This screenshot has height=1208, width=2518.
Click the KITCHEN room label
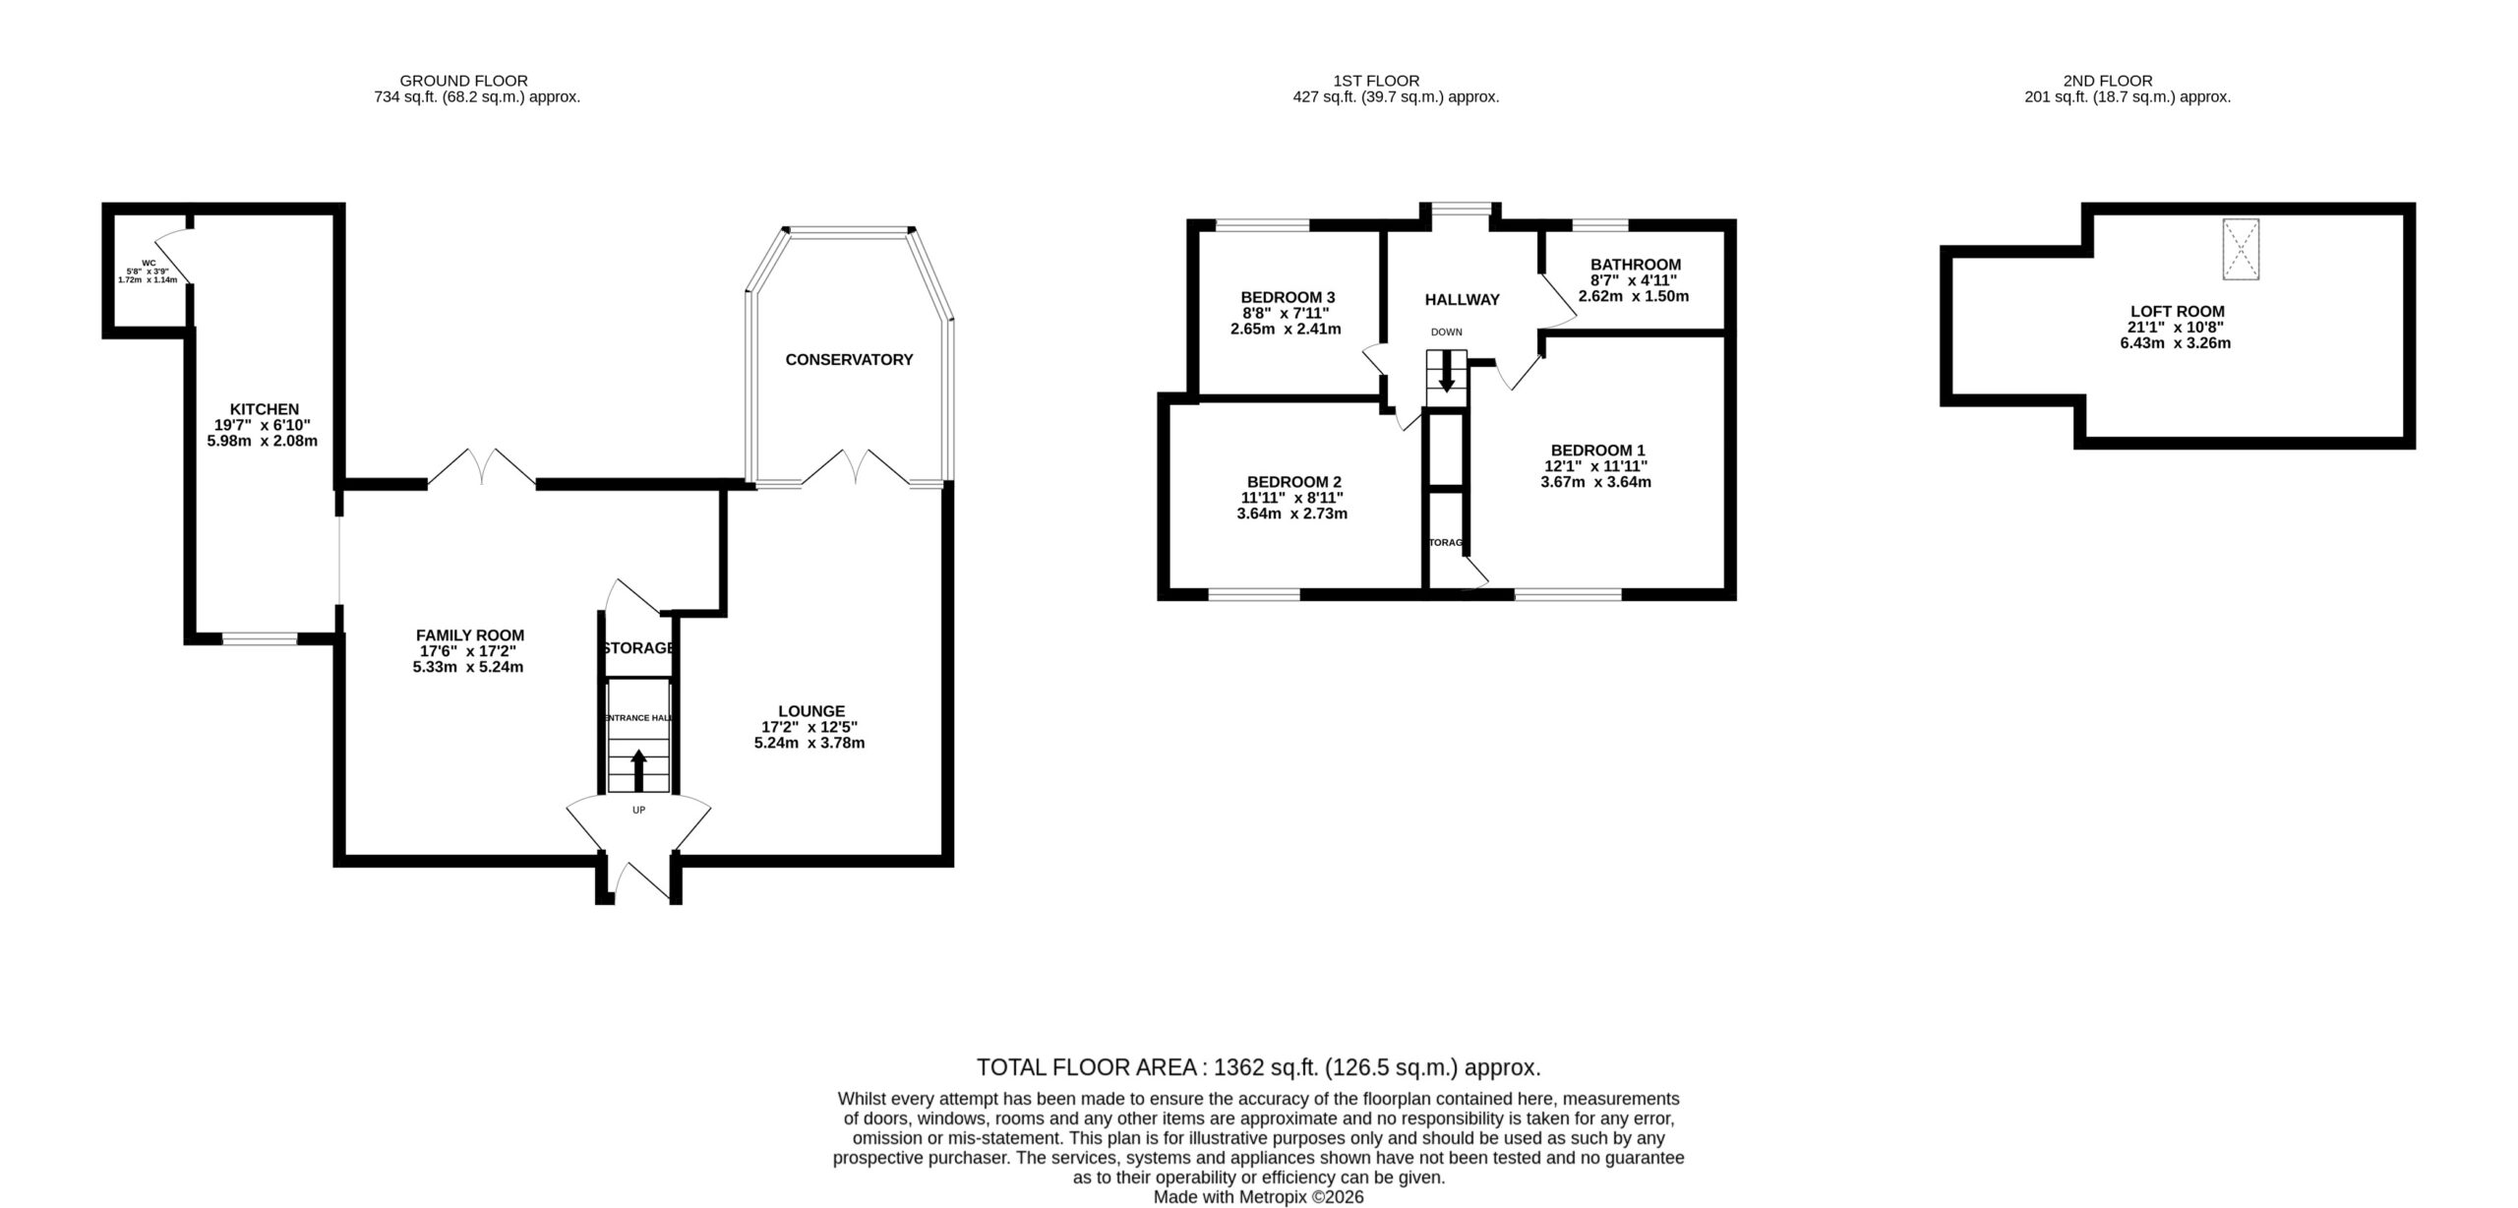tap(264, 409)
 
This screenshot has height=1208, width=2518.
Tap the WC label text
tap(149, 263)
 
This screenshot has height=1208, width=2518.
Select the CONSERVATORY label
tap(849, 360)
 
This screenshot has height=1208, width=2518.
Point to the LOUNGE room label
tap(811, 711)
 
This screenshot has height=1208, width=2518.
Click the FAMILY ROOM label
tap(470, 635)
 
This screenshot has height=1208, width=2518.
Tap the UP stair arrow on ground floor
tap(638, 770)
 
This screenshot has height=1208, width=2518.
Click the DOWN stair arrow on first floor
tap(1446, 373)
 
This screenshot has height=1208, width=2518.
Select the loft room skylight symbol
tap(2241, 250)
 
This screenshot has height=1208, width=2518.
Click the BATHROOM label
tap(1636, 265)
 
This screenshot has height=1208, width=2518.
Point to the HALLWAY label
tap(1463, 300)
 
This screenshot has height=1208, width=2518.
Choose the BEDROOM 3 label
tap(1288, 297)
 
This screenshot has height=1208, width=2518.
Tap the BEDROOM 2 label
tap(1294, 482)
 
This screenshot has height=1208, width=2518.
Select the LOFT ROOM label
tap(2177, 312)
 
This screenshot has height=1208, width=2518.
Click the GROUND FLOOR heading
tap(464, 81)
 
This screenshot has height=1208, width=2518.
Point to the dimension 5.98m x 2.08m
tap(263, 441)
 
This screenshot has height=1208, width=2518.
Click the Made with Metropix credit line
tap(1259, 1197)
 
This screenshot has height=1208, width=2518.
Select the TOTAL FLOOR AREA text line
tap(1258, 1067)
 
